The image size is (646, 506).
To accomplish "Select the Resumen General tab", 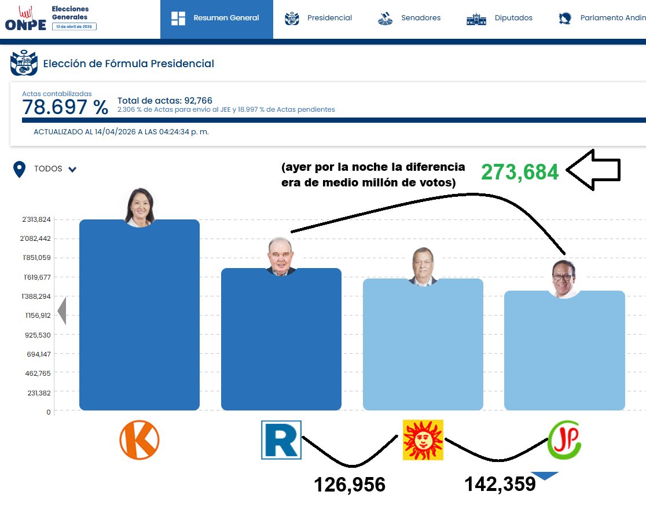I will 216,18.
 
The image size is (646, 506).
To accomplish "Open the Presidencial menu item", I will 318,18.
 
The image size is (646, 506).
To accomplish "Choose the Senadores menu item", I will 409,18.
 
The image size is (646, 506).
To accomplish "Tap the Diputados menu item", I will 500,18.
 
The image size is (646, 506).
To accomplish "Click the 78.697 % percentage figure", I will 65,107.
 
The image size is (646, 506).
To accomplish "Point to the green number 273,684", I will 520,172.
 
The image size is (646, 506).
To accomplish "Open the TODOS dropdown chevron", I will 72,170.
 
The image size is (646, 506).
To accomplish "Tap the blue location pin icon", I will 20,170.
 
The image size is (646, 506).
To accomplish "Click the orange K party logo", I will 140,440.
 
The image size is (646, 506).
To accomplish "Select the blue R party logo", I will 281,440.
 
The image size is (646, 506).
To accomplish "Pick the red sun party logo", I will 423,440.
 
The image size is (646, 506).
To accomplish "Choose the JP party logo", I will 564,440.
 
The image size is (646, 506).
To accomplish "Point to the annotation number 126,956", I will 349,485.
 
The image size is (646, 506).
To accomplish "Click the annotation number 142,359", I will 500,483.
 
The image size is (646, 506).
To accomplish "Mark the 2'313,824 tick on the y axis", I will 36,219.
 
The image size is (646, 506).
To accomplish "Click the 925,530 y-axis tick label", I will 38,335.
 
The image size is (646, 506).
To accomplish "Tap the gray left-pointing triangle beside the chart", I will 62,311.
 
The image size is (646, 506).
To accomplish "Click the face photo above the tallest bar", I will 140,206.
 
